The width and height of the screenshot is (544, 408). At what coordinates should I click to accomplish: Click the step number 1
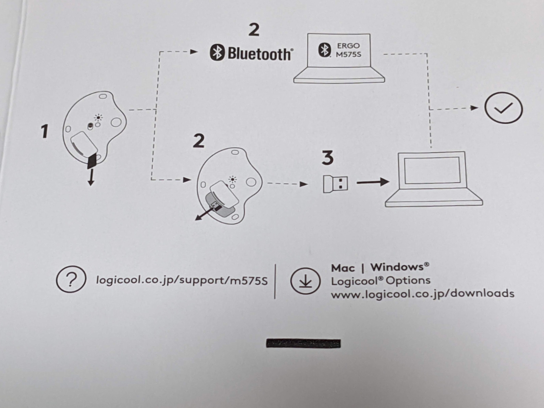tap(44, 131)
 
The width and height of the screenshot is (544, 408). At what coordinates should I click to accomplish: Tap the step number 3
tap(327, 158)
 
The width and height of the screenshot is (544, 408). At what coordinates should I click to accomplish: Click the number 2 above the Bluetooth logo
tap(254, 30)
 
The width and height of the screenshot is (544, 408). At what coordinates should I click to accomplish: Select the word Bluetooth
tap(260, 54)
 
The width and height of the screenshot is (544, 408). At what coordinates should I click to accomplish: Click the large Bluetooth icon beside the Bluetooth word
tap(217, 53)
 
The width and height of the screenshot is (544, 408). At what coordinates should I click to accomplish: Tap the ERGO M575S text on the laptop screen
tap(348, 50)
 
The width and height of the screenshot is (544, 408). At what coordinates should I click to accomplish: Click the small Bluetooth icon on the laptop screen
tap(324, 50)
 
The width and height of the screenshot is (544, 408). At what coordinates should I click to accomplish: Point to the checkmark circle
tap(503, 108)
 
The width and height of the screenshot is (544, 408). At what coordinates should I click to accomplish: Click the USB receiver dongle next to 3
tap(335, 184)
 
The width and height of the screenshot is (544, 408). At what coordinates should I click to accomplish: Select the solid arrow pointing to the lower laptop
tap(372, 182)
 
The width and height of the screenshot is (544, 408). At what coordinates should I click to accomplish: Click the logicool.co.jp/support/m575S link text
tap(182, 280)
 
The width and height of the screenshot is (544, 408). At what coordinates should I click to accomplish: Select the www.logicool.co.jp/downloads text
tap(422, 294)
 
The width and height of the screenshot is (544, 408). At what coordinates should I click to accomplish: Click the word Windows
tap(397, 267)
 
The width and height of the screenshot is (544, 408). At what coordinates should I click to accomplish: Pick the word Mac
tap(343, 268)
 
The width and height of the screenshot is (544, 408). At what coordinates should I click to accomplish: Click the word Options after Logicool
tap(408, 280)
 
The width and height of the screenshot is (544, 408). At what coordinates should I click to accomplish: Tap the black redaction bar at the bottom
tap(303, 343)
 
